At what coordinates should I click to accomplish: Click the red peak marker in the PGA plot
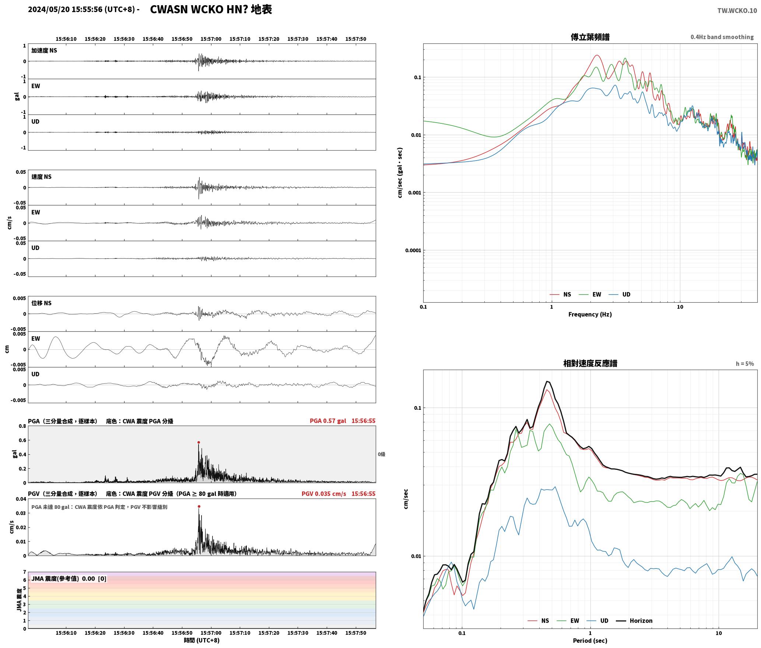click(199, 442)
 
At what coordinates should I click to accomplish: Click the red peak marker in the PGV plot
click(199, 507)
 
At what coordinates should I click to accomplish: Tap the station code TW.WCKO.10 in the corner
click(737, 11)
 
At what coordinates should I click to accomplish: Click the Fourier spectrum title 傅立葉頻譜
click(590, 37)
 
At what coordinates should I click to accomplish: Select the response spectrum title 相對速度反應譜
click(590, 363)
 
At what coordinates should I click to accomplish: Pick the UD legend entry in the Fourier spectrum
click(620, 295)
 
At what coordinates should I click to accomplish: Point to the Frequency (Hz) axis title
click(590, 314)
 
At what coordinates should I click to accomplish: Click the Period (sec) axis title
click(590, 641)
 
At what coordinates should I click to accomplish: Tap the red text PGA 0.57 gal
click(328, 421)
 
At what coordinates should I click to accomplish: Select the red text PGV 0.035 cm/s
click(324, 494)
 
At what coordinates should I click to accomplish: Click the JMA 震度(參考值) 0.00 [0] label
click(69, 579)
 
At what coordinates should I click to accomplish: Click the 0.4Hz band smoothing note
click(722, 37)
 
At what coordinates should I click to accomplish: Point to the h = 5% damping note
click(745, 364)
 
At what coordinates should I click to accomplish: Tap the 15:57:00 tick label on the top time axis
click(211, 39)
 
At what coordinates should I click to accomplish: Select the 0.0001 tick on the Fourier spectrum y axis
click(413, 251)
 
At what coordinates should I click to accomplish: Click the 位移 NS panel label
click(41, 303)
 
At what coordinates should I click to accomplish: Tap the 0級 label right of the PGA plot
click(381, 454)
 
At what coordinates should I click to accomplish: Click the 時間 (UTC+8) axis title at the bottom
click(202, 640)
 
